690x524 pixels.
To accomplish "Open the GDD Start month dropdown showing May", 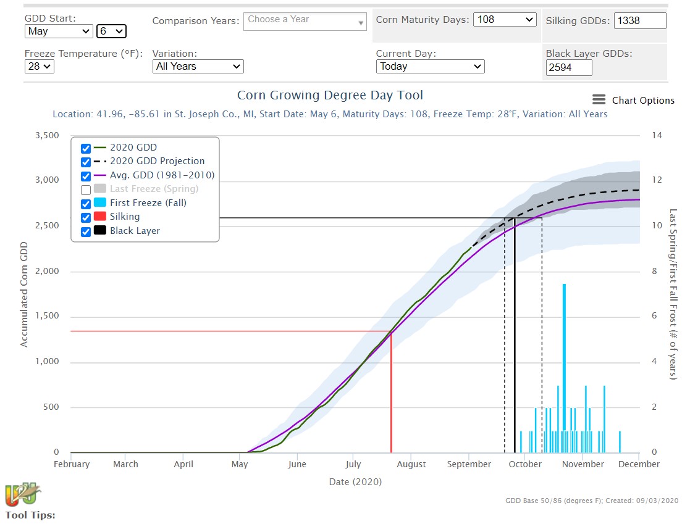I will (x=59, y=31).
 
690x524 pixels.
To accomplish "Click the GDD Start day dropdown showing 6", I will (x=111, y=31).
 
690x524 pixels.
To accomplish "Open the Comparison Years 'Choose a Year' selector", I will (x=306, y=21).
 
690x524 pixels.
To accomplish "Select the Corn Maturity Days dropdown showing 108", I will (x=505, y=20).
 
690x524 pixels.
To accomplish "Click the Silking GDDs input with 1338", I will (x=640, y=20).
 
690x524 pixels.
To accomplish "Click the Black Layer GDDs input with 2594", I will (x=569, y=67).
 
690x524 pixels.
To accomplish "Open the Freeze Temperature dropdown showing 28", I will (x=40, y=66).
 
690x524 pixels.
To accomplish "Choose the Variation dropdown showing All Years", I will (x=198, y=66).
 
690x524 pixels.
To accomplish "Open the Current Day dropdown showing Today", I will (x=430, y=66).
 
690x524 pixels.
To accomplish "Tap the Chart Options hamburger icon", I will (x=599, y=100).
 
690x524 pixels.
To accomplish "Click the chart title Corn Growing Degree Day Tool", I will (x=330, y=96).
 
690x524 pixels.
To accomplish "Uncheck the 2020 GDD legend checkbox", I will (x=86, y=148).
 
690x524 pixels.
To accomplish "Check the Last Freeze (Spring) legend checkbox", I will (x=86, y=189).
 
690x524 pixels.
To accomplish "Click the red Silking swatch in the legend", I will (x=99, y=217).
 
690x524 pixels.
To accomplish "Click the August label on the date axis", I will (x=411, y=464).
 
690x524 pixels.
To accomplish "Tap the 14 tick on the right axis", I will (x=657, y=135).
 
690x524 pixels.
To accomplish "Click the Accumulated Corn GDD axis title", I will (x=25, y=294).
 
